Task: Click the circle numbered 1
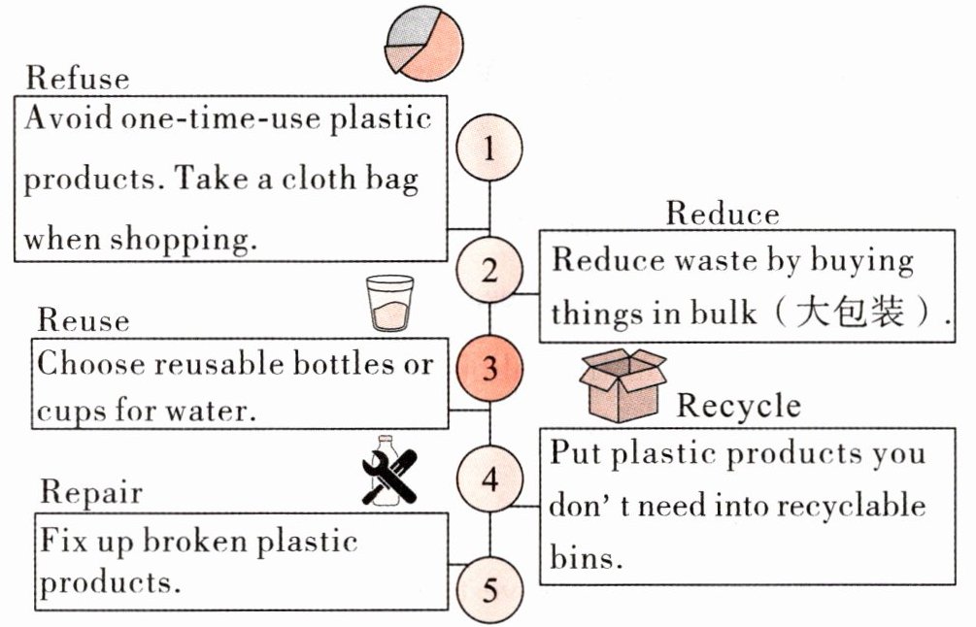pyautogui.click(x=489, y=148)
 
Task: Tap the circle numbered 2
pyautogui.click(x=489, y=271)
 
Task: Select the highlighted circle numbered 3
pyautogui.click(x=489, y=368)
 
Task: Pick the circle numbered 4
pyautogui.click(x=489, y=478)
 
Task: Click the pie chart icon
pyautogui.click(x=423, y=43)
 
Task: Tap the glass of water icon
pyautogui.click(x=390, y=303)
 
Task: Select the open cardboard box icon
pyautogui.click(x=623, y=384)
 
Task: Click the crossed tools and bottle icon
pyautogui.click(x=389, y=470)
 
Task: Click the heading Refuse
pyautogui.click(x=78, y=79)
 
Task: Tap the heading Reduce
pyautogui.click(x=722, y=214)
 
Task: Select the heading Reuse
pyautogui.click(x=84, y=319)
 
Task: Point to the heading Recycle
pyautogui.click(x=739, y=406)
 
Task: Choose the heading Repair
pyautogui.click(x=91, y=493)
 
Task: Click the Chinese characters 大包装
pyautogui.click(x=849, y=312)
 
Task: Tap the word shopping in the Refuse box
pyautogui.click(x=184, y=239)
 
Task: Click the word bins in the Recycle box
pyautogui.click(x=585, y=557)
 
